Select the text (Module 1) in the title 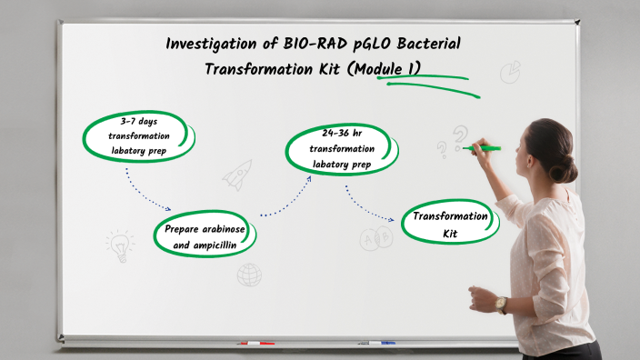pos(384,69)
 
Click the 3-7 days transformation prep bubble pos(138,135)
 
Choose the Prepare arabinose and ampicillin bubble pos(205,236)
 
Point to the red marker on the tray pos(255,344)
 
